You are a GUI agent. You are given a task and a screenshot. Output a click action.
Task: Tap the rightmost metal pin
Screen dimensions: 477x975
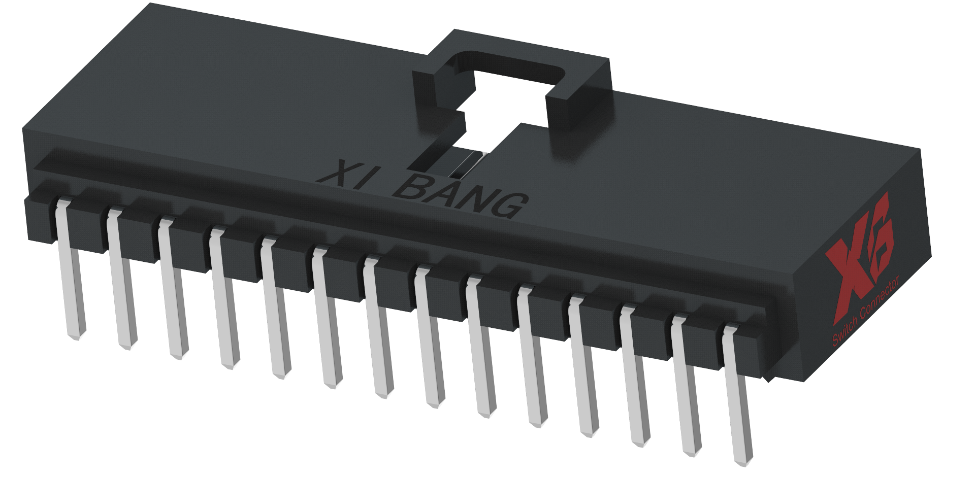coord(737,396)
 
